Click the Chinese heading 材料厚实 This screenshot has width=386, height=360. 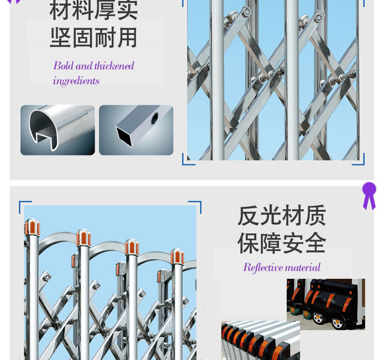pos(94,10)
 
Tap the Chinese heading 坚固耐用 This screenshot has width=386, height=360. pos(94,38)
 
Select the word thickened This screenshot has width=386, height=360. pos(114,66)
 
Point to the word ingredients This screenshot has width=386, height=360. pos(76,81)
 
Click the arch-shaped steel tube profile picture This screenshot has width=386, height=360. pos(58,130)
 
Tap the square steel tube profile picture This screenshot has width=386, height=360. pos(136,130)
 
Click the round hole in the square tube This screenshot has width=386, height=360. pos(154,118)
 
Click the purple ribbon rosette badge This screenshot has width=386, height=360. pos(369,195)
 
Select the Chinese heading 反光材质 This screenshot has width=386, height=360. pos(282,215)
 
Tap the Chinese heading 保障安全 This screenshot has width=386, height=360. pos(282,243)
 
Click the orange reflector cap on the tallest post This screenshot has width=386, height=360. pos(32,227)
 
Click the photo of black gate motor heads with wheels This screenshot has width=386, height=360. pos(326,304)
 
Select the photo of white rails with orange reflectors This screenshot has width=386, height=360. pos(260,340)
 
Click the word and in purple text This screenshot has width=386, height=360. pos(84,66)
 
